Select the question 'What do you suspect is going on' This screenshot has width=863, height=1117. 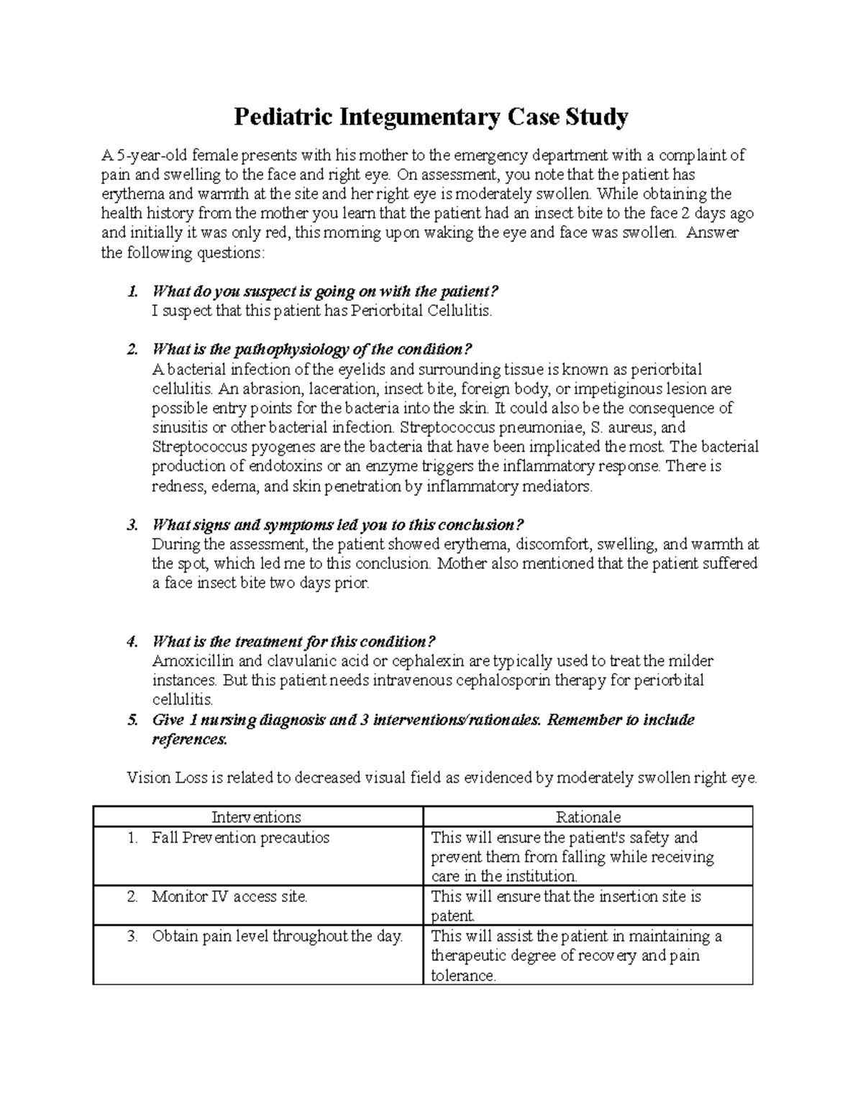point(325,291)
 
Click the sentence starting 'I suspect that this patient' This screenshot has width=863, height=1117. point(323,311)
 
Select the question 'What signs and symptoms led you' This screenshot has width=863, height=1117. point(338,524)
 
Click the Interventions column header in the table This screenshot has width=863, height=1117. point(256,816)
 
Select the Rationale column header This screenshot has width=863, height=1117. point(588,816)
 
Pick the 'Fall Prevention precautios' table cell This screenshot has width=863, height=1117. point(240,837)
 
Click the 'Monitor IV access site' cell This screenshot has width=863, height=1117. point(229,896)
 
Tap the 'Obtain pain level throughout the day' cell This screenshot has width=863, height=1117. point(277,936)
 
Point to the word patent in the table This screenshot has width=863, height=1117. point(452,916)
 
